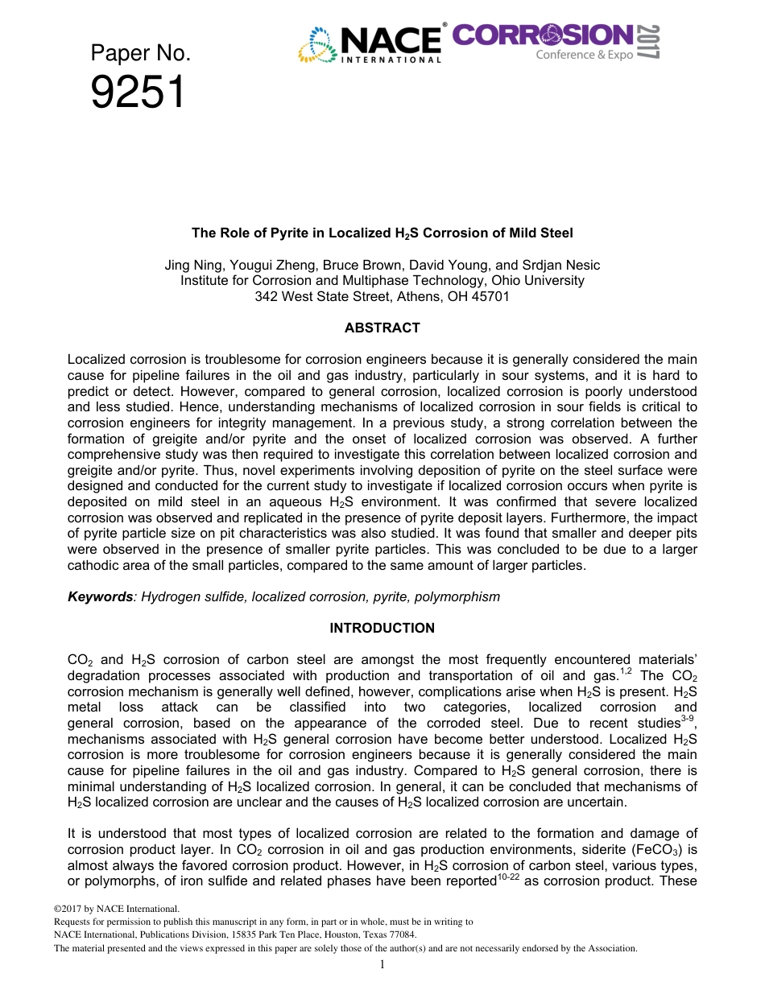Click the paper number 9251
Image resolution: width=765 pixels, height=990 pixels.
tap(138, 93)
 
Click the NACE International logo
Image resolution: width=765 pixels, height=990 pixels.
tap(372, 43)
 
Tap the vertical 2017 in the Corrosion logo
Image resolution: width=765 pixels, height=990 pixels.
tap(648, 42)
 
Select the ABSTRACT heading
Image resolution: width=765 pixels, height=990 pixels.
tap(382, 328)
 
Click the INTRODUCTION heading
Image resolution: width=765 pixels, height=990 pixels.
tap(382, 628)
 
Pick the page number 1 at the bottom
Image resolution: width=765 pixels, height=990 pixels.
tap(382, 965)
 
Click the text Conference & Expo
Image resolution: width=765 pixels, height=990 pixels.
tap(585, 55)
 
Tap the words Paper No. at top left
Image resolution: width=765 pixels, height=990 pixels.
tap(140, 54)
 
